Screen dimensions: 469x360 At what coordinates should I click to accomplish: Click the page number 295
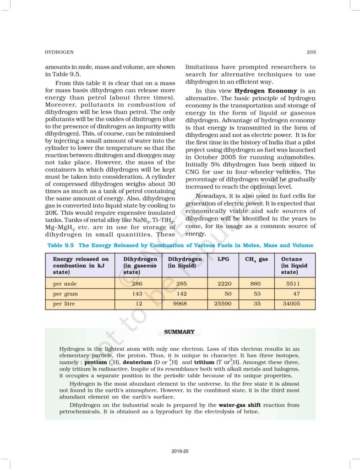[311, 52]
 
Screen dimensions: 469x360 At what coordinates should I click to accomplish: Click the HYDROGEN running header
[58, 52]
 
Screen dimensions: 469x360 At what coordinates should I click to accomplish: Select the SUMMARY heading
[179, 332]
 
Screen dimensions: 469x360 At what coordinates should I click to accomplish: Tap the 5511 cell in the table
[293, 284]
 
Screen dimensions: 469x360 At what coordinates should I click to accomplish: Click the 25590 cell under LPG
[222, 303]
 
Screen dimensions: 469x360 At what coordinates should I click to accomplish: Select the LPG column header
[224, 259]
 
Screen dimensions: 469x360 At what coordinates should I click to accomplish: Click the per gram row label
[65, 294]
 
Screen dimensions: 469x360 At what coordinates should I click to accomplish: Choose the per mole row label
[65, 284]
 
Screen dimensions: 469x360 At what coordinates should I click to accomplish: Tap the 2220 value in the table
[224, 284]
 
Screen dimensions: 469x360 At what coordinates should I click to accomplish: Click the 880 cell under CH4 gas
[256, 284]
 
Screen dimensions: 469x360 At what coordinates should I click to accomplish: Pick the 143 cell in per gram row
[136, 294]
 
